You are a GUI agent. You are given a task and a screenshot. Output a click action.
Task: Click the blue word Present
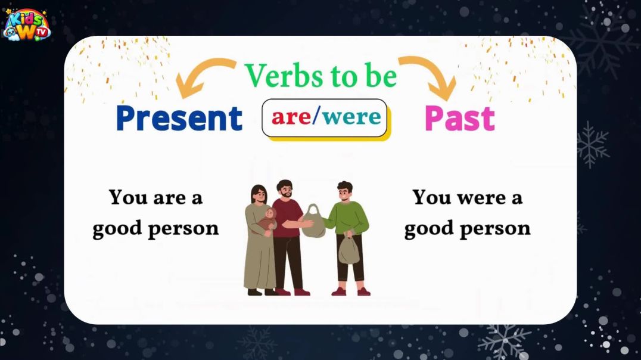point(179,118)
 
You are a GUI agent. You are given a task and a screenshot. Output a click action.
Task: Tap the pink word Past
point(459,118)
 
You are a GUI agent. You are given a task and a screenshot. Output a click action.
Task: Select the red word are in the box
point(291,117)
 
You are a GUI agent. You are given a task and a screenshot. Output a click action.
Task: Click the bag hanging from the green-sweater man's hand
point(349,250)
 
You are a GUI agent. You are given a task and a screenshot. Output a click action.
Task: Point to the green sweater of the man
point(350,217)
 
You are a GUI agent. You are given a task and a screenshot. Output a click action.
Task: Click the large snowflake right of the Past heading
point(591,144)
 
